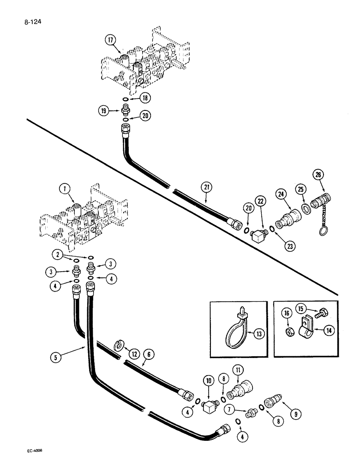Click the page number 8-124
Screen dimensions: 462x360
(27, 21)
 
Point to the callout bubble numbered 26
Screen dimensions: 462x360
(318, 175)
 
